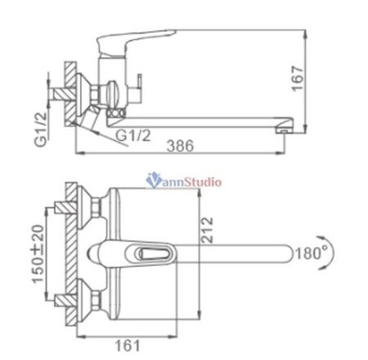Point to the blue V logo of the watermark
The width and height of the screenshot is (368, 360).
point(150,182)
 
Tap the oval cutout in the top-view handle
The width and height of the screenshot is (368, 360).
point(157,254)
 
